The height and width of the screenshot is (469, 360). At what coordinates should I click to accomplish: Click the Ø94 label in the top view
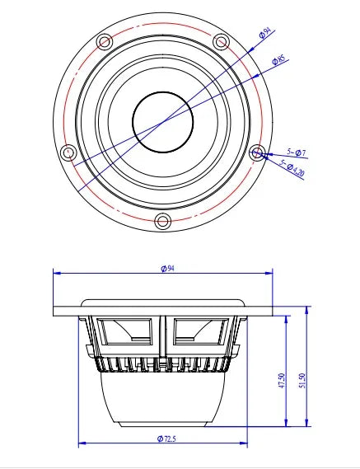264,34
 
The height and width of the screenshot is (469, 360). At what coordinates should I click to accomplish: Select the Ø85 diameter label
279,59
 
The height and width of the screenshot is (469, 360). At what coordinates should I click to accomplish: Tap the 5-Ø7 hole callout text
296,152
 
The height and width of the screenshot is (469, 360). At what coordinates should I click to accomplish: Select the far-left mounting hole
68,152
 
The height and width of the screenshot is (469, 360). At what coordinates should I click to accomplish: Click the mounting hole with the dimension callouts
257,152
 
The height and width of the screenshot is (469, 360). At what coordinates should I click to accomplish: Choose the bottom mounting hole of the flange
162,220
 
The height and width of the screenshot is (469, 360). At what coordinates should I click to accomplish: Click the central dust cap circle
162,121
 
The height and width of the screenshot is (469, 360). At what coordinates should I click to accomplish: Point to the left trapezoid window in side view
125,333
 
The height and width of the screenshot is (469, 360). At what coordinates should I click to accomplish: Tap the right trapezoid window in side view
199,333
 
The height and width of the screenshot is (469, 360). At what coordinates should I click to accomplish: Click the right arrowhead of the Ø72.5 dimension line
245,445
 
